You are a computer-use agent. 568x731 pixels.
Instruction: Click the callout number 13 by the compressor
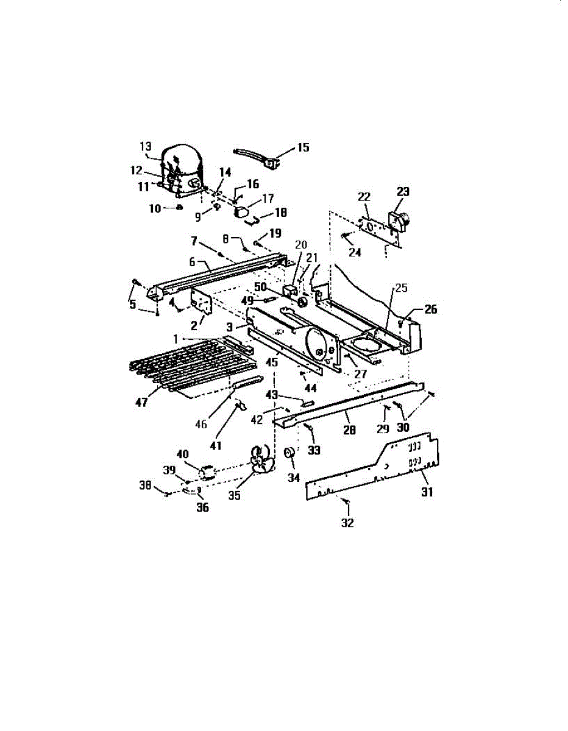[x=145, y=146]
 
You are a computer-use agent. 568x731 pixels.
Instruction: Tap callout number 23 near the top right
[x=403, y=191]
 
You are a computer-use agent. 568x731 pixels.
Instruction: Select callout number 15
[x=303, y=147]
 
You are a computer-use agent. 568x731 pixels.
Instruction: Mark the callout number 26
[x=431, y=309]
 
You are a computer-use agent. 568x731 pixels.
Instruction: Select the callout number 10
[x=156, y=208]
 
